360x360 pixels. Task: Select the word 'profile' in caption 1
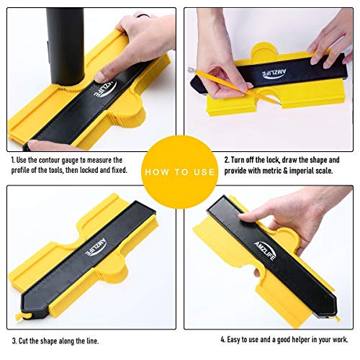point(24,172)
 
